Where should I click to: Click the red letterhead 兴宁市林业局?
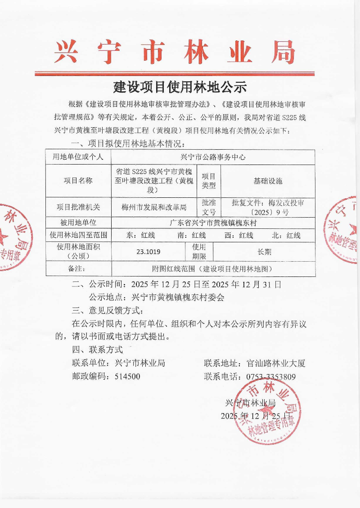pyautogui.click(x=175, y=53)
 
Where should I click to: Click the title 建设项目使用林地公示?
pyautogui.click(x=180, y=86)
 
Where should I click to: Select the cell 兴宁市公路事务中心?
pyautogui.click(x=212, y=157)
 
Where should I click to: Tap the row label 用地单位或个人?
pyautogui.click(x=78, y=157)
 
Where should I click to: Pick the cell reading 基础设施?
pyautogui.click(x=268, y=181)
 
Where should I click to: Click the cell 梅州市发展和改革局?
pyautogui.click(x=154, y=207)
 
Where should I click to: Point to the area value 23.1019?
pyautogui.click(x=148, y=252)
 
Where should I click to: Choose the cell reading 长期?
pyautogui.click(x=264, y=252)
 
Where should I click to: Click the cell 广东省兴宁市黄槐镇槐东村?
pyautogui.click(x=212, y=223)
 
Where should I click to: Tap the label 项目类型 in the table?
pyautogui.click(x=209, y=181)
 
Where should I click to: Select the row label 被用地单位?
pyautogui.click(x=78, y=223)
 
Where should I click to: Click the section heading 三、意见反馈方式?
pyautogui.click(x=107, y=310)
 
